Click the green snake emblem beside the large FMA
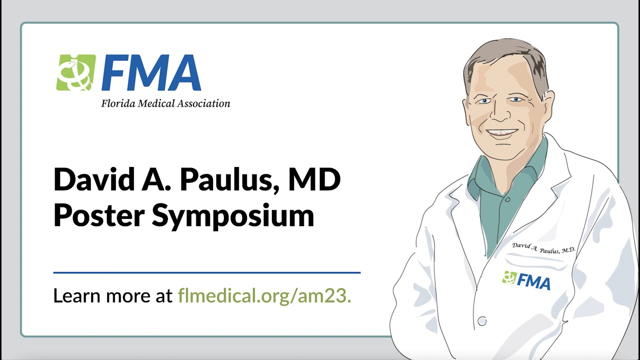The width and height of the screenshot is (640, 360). coord(75,72)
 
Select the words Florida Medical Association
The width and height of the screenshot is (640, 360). coord(165,104)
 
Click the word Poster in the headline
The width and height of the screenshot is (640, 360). coord(97,215)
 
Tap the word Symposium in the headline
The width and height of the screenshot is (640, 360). coord(233,216)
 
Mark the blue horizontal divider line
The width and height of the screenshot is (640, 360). coord(206,272)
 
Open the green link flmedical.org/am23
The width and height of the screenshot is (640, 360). coord(265,296)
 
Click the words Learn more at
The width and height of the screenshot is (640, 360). coord(113,296)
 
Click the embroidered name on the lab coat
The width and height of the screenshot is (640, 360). coord(543,248)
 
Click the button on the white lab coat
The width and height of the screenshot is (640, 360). coord(482,320)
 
